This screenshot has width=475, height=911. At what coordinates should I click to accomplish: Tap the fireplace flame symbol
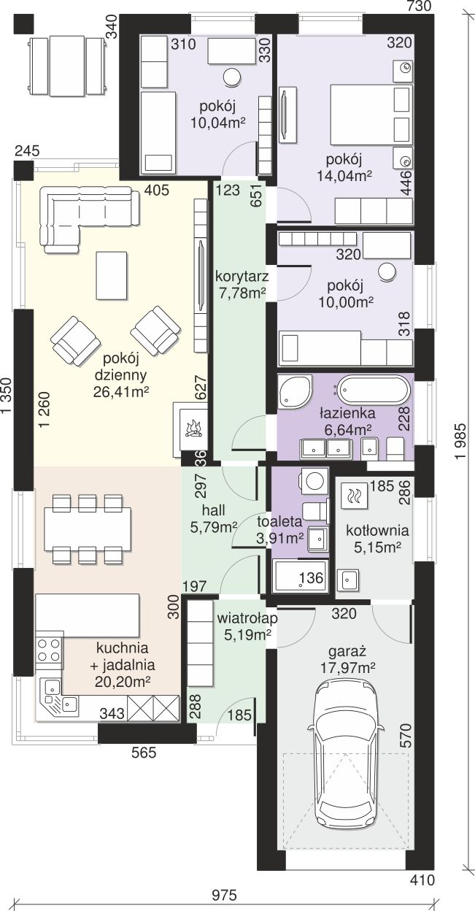[194, 428]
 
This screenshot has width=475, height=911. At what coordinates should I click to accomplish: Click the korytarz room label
[242, 277]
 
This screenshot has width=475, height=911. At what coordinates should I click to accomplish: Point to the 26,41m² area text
[121, 392]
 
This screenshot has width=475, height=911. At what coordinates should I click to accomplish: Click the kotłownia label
[377, 531]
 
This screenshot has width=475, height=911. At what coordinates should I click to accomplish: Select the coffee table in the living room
[112, 275]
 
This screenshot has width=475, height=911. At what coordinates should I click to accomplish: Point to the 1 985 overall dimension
[460, 442]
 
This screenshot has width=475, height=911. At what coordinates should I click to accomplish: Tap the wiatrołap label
[247, 618]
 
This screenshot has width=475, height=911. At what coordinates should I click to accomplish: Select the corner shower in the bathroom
[296, 391]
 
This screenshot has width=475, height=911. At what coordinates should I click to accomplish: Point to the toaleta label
[279, 521]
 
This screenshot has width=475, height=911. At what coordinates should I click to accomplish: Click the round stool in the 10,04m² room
[232, 77]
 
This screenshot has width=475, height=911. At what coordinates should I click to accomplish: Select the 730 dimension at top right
[419, 6]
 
